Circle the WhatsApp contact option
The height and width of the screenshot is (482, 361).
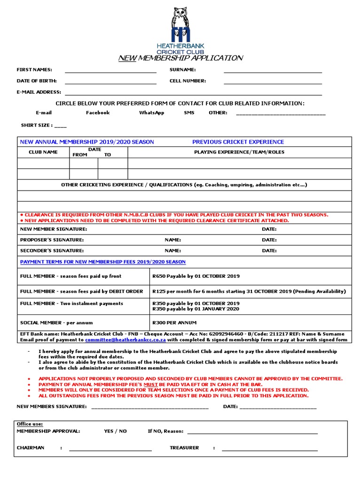(x=151, y=113)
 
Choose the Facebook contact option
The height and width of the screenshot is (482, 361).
(x=98, y=113)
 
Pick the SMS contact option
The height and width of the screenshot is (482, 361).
(x=189, y=113)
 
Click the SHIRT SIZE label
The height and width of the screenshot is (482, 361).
(x=36, y=126)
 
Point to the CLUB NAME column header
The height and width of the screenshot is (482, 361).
(x=43, y=153)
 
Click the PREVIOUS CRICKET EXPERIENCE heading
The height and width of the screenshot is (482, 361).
(x=238, y=142)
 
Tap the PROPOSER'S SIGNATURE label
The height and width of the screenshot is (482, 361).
(x=52, y=240)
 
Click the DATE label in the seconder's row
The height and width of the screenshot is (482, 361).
(x=269, y=251)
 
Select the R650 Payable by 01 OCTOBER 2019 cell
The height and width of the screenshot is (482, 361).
(x=196, y=276)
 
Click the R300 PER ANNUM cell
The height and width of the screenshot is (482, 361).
(x=174, y=323)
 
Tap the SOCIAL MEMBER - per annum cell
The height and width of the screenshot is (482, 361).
(x=56, y=323)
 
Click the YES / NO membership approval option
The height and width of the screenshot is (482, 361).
(x=115, y=431)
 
